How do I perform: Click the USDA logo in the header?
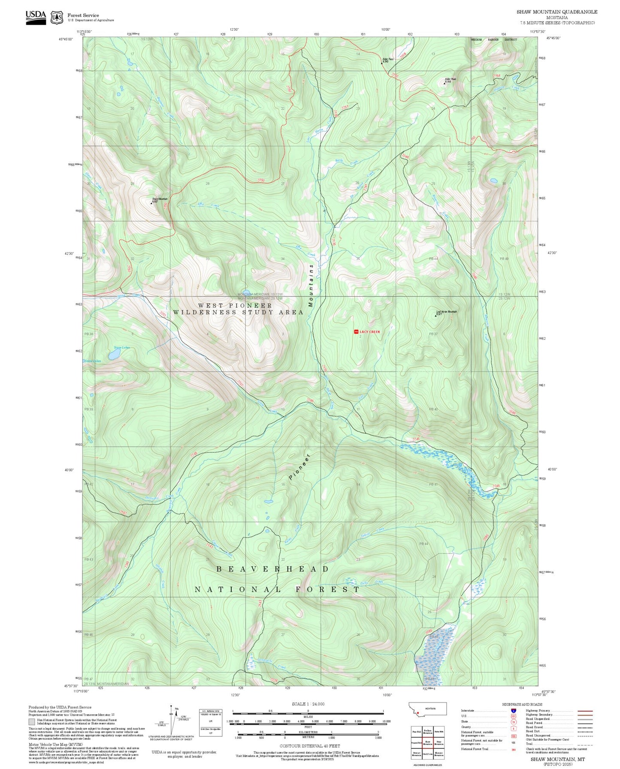click(x=36, y=17)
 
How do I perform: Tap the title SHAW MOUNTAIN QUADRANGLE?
click(x=556, y=12)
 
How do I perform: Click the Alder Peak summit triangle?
click(x=444, y=83)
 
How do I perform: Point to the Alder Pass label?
click(x=388, y=59)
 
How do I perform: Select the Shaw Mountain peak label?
click(x=160, y=199)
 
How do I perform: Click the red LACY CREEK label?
click(x=369, y=332)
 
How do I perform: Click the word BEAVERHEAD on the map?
click(x=272, y=569)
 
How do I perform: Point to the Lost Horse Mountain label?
click(x=447, y=312)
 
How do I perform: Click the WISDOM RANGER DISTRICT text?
click(x=493, y=40)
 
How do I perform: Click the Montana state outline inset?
click(x=427, y=709)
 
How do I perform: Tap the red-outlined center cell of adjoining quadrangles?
click(x=427, y=742)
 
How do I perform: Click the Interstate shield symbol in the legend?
click(x=513, y=711)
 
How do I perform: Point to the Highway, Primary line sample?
click(x=585, y=711)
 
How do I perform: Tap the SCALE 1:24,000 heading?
click(x=308, y=704)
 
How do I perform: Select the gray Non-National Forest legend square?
click(x=32, y=722)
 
